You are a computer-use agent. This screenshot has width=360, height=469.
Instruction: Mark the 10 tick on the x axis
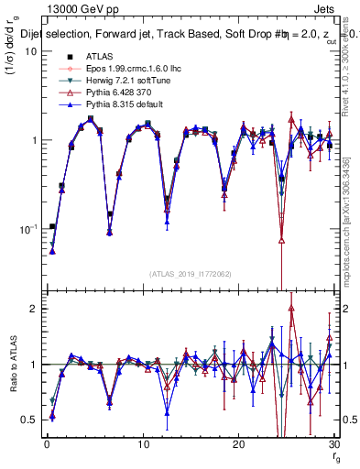(142, 444)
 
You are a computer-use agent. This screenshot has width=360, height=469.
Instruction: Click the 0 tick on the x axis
(47, 444)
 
